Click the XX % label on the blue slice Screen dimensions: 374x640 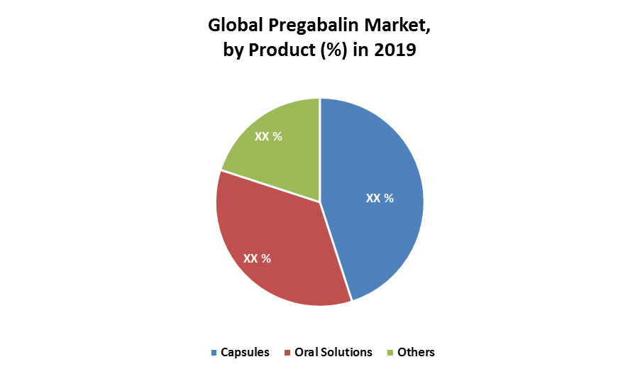tap(380, 199)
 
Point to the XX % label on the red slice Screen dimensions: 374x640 tap(257, 258)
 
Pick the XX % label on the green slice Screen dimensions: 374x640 tap(268, 136)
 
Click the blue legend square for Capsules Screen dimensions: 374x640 tap(214, 353)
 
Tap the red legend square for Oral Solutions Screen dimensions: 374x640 tap(287, 353)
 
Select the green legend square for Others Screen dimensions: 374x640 tap(390, 353)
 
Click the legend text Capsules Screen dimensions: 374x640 tap(245, 353)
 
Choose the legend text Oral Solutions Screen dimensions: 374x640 tap(333, 353)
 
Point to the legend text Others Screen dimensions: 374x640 tap(416, 353)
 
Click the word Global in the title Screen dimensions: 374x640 tap(236, 26)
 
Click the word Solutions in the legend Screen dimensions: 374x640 tap(346, 353)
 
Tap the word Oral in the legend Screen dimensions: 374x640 tap(307, 353)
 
